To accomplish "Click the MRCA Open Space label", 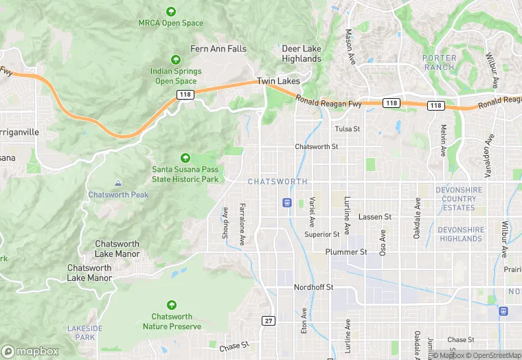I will (x=171, y=23).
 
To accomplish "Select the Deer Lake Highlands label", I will (x=302, y=54).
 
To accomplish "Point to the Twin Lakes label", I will (x=278, y=81).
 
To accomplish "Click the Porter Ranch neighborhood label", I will (x=439, y=63).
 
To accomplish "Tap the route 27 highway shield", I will (x=269, y=321).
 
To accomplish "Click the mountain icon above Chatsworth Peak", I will (x=118, y=183).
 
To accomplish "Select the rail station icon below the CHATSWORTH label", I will (x=287, y=202).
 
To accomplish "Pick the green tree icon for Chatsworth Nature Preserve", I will (x=172, y=304).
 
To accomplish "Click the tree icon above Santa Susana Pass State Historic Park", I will (x=185, y=159).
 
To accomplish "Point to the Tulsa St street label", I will (x=348, y=128).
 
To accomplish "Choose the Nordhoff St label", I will (x=313, y=286).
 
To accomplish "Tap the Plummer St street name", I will (x=346, y=252).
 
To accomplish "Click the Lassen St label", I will (x=375, y=216).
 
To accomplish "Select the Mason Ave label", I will (x=349, y=43).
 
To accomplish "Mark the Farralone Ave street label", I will (x=242, y=224).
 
